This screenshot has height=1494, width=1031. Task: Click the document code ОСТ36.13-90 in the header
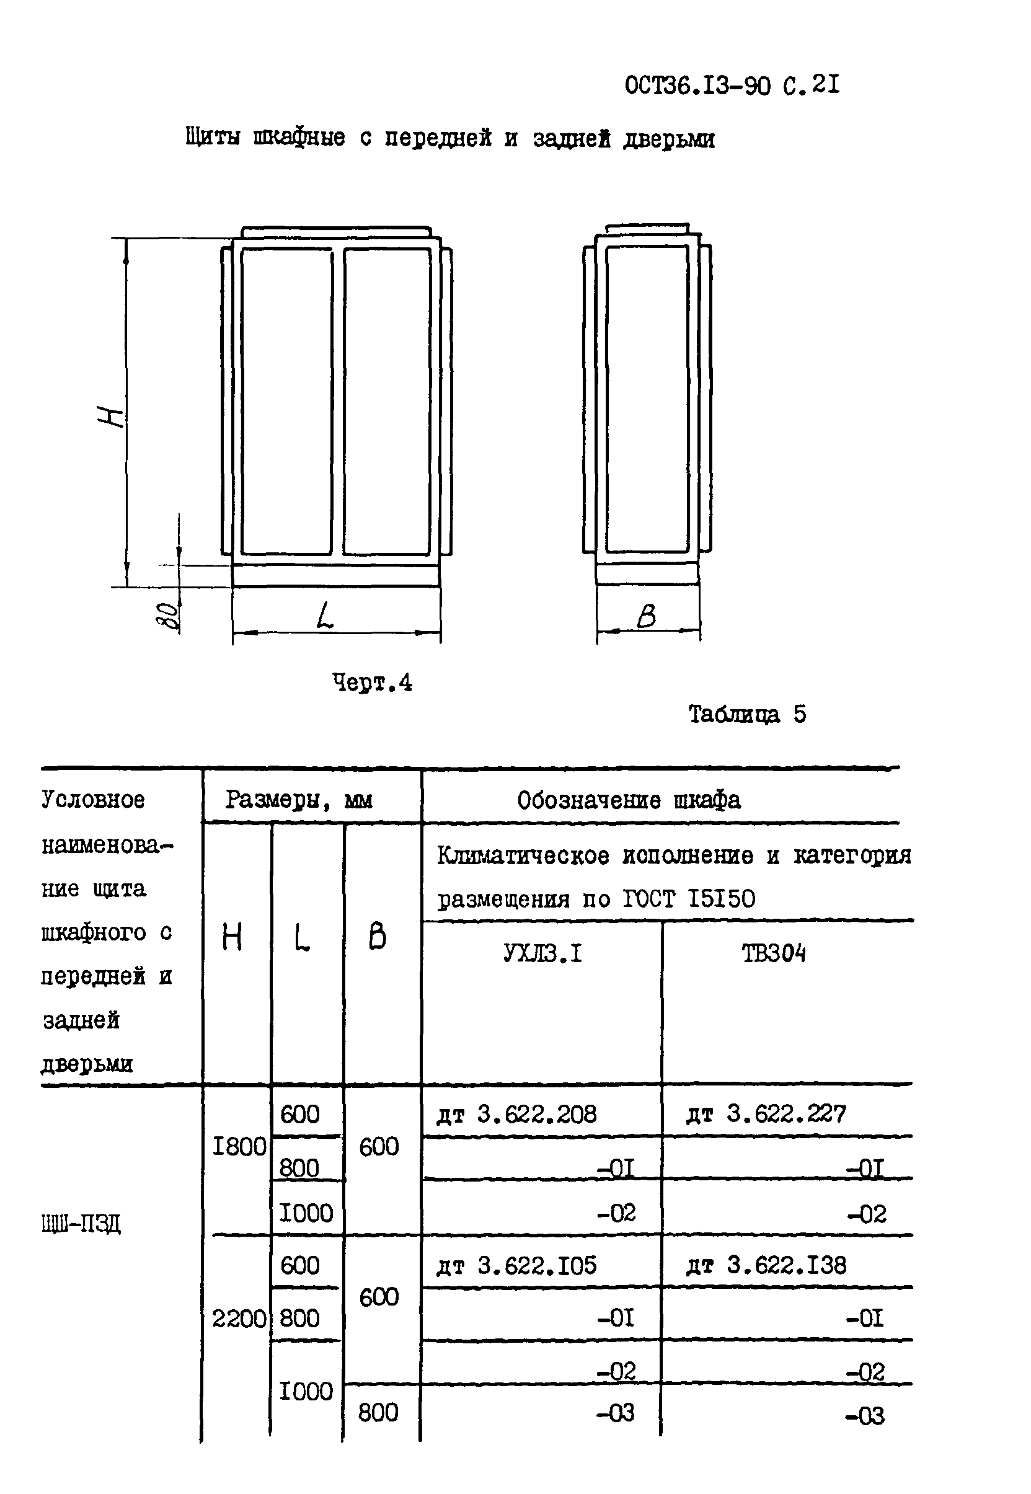click(x=697, y=86)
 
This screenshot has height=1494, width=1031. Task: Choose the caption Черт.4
click(x=372, y=683)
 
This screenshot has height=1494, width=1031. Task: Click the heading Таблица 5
click(x=747, y=714)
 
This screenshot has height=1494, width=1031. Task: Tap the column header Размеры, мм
click(x=298, y=800)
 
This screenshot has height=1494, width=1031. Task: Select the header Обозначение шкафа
click(x=629, y=800)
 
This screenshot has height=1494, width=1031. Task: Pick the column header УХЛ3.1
click(x=542, y=953)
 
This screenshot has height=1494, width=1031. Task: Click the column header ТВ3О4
click(x=773, y=953)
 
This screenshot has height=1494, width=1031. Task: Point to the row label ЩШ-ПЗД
click(x=81, y=1223)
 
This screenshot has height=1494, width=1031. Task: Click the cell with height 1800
click(x=239, y=1146)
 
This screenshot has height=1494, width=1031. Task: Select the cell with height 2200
click(x=239, y=1319)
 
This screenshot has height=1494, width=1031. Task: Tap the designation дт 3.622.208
click(x=517, y=1113)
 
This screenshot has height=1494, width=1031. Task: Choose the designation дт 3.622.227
click(x=766, y=1113)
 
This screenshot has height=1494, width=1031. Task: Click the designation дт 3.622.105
click(x=517, y=1265)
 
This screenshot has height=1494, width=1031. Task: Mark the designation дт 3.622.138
click(x=766, y=1265)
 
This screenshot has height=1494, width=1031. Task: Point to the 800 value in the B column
click(x=378, y=1413)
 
